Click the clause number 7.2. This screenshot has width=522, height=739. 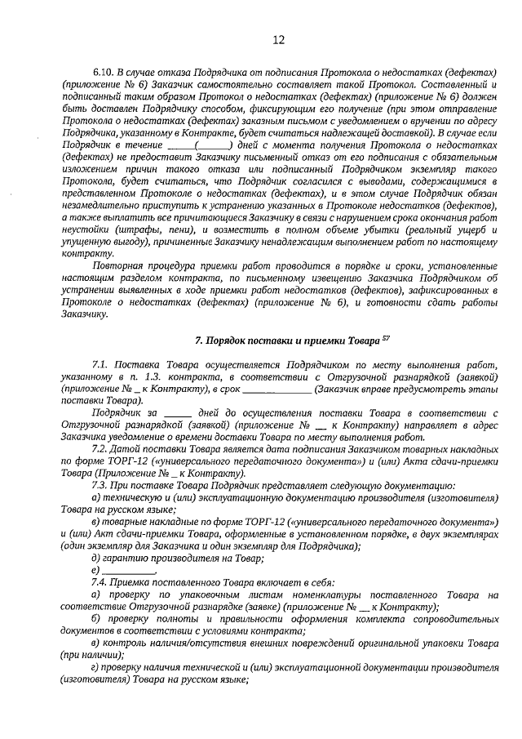coord(102,449)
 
